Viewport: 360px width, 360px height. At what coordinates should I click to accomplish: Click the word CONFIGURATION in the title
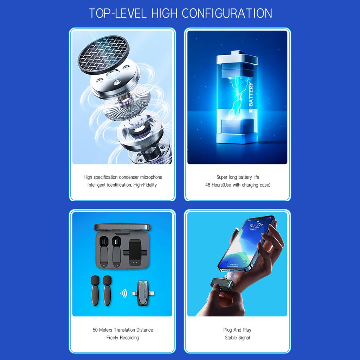tap(227, 13)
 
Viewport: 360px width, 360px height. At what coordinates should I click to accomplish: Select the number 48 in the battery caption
tap(208, 185)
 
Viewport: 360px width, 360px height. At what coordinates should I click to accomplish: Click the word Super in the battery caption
tap(222, 177)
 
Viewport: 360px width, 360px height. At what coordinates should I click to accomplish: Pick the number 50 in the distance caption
tap(95, 330)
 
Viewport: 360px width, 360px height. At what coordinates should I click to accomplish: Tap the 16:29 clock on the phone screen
tap(254, 225)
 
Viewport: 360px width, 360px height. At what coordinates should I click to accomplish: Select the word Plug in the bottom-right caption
tap(227, 330)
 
